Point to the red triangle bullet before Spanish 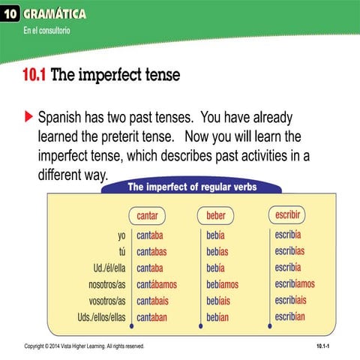tap(28, 118)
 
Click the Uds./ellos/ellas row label tap(96, 317)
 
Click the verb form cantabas tap(157, 251)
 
